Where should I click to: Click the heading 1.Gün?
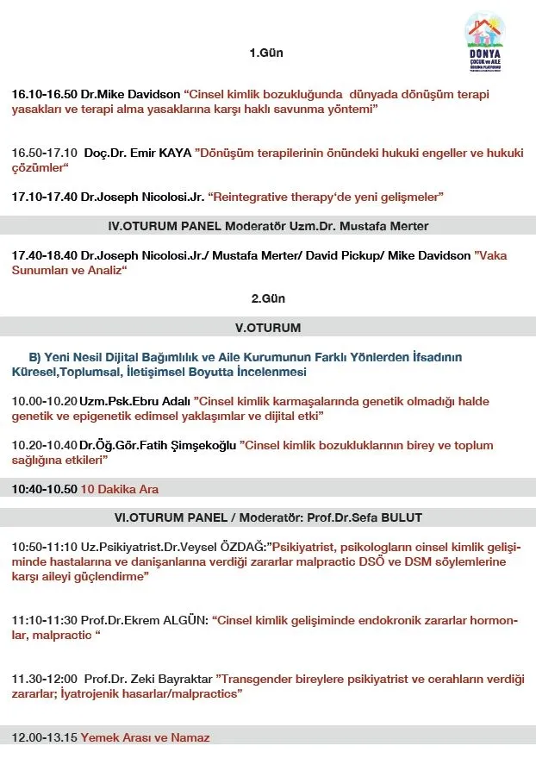(x=266, y=53)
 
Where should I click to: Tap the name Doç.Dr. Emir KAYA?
(x=138, y=153)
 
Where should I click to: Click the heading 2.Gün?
(x=268, y=298)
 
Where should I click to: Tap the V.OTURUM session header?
(x=268, y=328)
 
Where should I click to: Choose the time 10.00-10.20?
(x=44, y=401)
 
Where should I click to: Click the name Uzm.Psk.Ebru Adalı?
(x=134, y=401)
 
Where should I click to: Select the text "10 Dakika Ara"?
(x=120, y=489)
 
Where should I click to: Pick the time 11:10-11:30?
(x=44, y=620)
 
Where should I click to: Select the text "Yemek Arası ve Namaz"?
(x=145, y=737)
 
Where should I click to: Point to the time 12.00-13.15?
(x=44, y=737)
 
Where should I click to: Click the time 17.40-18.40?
(x=44, y=256)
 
